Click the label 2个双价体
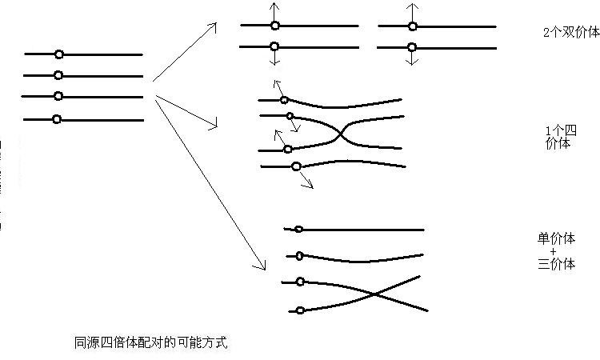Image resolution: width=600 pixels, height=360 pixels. tap(572, 32)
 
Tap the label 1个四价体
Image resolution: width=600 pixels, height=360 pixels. tap(561, 138)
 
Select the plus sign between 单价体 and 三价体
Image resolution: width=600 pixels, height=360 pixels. tap(553, 252)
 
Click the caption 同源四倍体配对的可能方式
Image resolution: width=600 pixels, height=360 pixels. tap(150, 342)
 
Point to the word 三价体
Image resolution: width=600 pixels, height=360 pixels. tap(556, 264)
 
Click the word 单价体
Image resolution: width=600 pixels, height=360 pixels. tap(556, 238)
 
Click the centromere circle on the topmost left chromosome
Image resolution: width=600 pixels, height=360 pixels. tap(59, 54)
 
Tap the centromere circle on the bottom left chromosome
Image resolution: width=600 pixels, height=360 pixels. tap(57, 119)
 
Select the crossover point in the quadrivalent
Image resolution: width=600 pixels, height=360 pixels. tap(340, 134)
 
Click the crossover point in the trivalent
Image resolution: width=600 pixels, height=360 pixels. tap(374, 294)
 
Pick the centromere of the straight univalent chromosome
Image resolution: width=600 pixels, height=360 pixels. tap(299, 229)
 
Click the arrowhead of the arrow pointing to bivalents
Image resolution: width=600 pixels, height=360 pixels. tap(214, 26)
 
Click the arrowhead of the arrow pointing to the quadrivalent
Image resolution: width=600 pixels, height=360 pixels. tap(214, 125)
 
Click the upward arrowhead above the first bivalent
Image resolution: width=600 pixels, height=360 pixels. tap(274, 6)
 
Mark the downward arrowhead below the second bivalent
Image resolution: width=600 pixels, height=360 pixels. tap(411, 62)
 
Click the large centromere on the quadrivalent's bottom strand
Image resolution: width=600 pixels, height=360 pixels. tap(296, 166)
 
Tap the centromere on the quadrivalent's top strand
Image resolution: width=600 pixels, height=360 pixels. tap(284, 100)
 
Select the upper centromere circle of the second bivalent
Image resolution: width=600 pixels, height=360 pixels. tap(413, 26)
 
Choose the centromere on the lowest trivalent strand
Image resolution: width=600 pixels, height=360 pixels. tap(300, 310)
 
